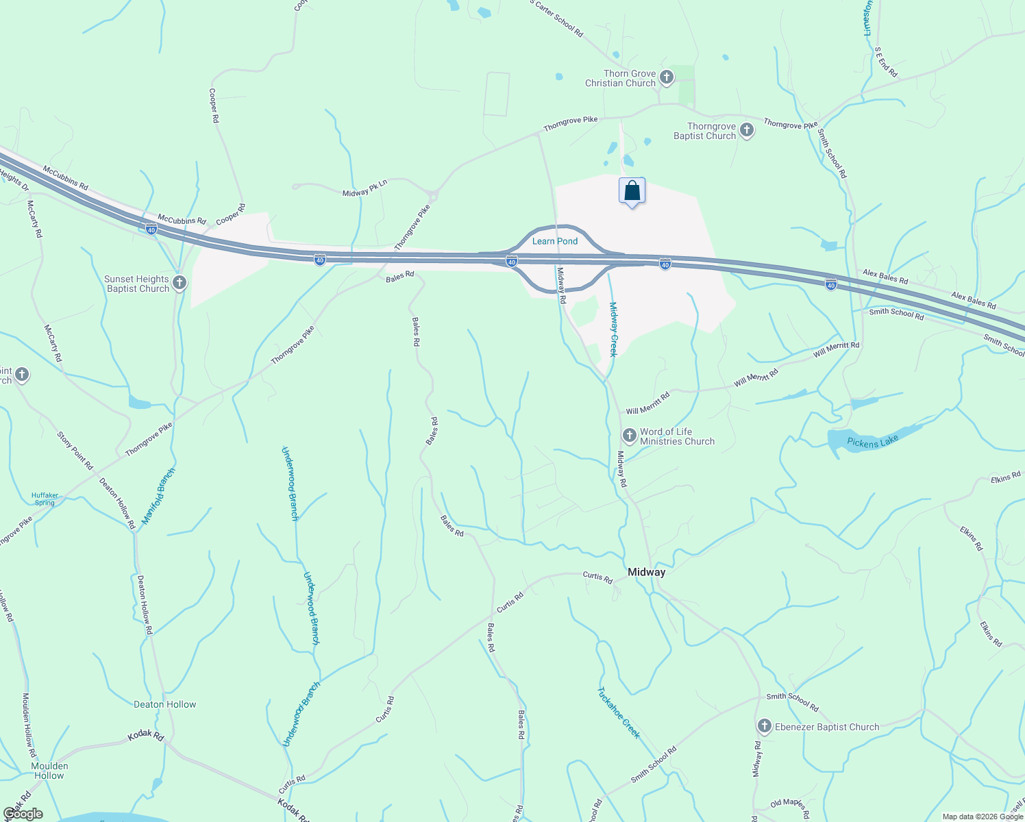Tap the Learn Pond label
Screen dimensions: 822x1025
point(555,241)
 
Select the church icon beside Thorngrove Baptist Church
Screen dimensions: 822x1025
point(747,130)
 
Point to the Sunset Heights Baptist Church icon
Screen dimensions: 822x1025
point(180,283)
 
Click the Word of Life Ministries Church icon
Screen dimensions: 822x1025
point(630,436)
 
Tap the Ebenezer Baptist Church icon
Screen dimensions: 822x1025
point(765,726)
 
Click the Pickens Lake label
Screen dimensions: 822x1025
point(872,442)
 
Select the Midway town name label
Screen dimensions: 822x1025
point(647,572)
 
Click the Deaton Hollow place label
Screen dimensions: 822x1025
point(165,704)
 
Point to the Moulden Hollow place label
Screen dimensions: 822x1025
point(49,771)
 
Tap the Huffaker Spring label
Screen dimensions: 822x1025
point(45,499)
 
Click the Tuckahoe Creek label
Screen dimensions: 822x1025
point(619,712)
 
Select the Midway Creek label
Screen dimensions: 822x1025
point(613,329)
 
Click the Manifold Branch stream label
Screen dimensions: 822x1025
point(158,497)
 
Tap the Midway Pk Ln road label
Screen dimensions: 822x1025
point(365,189)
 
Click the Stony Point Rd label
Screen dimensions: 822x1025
point(75,451)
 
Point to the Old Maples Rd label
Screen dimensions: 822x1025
point(790,807)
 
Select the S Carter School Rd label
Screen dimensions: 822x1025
point(556,18)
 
